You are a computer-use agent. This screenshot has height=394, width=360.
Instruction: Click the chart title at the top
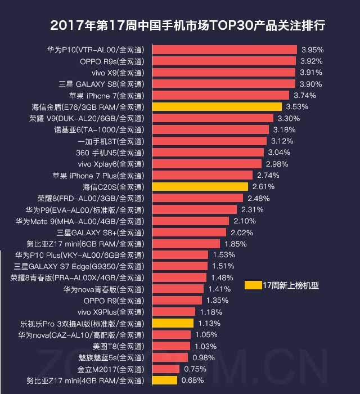pos(187,26)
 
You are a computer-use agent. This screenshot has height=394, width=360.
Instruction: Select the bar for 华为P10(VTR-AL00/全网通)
pos(224,50)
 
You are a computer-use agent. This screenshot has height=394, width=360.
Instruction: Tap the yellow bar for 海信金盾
pos(217,106)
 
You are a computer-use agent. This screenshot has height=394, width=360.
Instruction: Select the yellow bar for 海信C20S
pos(200,187)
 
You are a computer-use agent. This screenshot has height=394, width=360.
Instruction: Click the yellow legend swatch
pos(253,285)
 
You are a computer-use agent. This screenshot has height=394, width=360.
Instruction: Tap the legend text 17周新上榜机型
pos(291,285)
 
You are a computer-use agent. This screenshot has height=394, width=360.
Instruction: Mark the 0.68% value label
pos(193,380)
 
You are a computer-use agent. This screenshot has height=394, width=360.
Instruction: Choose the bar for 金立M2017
pos(165,369)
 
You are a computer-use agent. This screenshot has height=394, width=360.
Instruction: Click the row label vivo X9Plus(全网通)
pos(111,312)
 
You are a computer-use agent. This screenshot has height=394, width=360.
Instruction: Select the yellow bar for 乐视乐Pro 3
pos(173,324)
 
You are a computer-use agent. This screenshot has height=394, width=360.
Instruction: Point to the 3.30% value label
pos(289,118)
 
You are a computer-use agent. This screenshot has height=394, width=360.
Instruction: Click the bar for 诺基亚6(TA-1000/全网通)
pos(210,129)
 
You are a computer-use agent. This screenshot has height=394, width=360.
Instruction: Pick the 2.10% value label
pos(245,221)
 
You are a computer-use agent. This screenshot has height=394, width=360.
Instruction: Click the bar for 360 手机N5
pos(208,153)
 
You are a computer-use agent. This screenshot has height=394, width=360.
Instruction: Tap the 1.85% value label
pos(235,244)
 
